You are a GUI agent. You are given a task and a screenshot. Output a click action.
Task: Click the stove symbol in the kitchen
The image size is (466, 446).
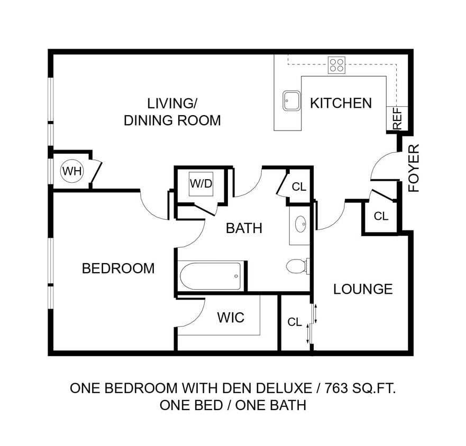point(336,65)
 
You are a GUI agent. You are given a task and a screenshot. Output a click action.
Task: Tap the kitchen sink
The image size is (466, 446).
point(291,100)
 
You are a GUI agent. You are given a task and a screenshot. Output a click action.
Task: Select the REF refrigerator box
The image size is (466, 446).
point(398,118)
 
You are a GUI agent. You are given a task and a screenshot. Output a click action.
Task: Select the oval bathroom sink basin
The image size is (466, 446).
point(301,224)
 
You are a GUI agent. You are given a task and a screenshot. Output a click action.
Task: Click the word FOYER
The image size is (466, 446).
point(414,168)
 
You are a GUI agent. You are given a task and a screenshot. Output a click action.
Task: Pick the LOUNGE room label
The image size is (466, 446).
point(363,289)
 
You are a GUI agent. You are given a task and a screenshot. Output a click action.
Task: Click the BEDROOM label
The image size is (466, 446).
point(118,268)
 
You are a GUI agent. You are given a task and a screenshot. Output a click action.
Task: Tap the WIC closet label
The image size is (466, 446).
point(231,318)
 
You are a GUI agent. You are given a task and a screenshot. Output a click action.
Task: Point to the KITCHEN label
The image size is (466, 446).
point(341,103)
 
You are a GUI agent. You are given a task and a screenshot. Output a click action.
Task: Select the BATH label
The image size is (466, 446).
point(244,228)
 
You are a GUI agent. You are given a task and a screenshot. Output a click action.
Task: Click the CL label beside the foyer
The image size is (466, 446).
point(381,216)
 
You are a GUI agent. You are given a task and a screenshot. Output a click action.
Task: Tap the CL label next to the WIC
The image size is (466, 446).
point(295,322)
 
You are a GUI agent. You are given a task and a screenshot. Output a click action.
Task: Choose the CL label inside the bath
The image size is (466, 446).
point(299,187)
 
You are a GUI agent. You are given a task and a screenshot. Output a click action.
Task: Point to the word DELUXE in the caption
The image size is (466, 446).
point(285,388)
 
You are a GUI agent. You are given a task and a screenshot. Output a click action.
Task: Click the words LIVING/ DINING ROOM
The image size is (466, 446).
point(172,111)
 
